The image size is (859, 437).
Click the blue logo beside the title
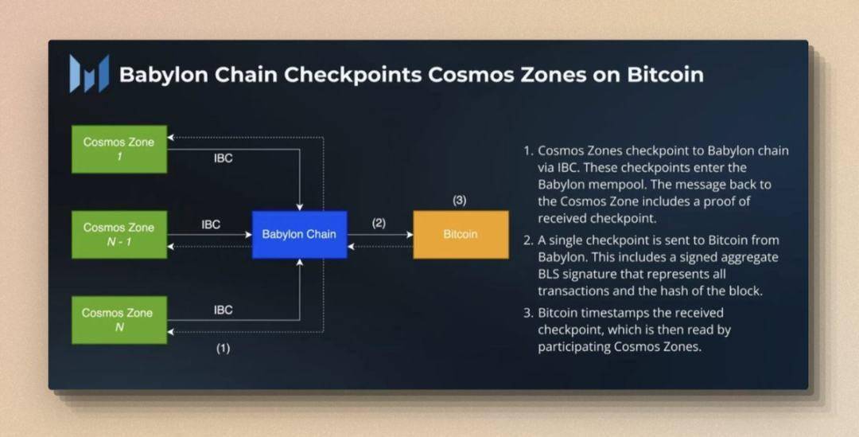point(89,73)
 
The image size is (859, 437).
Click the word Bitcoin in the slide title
point(665,75)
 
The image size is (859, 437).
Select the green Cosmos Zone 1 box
point(119,149)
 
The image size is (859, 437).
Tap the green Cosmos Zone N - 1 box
point(119,235)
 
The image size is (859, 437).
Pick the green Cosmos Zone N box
point(119,320)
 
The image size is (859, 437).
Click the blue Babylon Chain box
point(299,235)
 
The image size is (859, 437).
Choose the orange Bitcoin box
point(461,235)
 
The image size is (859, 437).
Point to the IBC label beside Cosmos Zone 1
point(223,158)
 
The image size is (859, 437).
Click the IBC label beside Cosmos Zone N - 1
point(210,224)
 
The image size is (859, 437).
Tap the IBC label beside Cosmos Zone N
point(223,310)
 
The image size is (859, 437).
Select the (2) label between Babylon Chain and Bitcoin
point(379,223)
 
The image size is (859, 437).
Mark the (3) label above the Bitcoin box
point(460,200)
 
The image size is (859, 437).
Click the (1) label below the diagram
point(223,348)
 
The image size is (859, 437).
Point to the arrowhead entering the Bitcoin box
point(410,235)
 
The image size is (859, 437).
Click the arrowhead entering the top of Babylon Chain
point(300,207)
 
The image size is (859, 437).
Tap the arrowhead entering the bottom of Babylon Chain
point(300,262)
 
